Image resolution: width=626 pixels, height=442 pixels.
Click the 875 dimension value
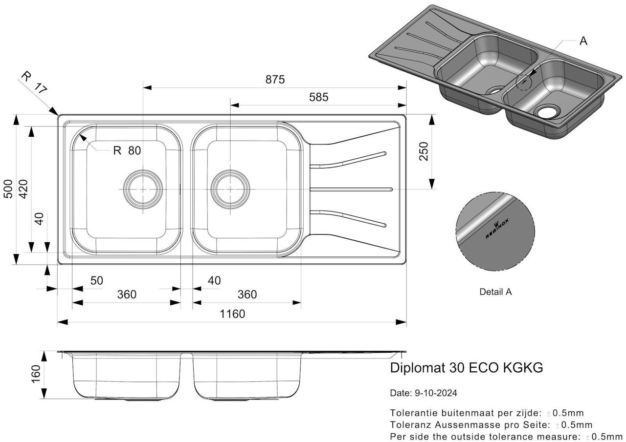tap(275, 80)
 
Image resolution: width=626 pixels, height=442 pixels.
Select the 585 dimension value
tap(318, 97)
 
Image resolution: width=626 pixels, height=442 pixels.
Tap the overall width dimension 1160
tap(232, 314)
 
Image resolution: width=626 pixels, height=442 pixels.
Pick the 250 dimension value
tap(423, 152)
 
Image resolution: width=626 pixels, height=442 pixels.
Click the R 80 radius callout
tap(127, 150)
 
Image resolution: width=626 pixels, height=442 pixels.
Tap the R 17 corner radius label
tap(34, 83)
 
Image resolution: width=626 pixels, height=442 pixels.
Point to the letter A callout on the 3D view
tap(583, 41)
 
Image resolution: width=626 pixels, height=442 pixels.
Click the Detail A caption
tap(495, 292)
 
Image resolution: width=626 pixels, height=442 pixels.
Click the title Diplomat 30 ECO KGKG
tap(466, 368)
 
